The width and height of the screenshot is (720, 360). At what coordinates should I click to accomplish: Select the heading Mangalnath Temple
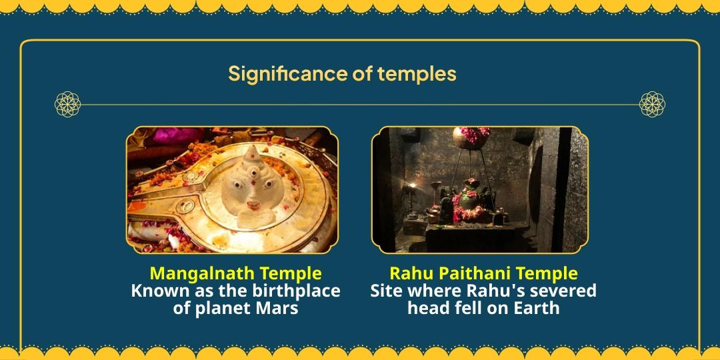tap(235, 273)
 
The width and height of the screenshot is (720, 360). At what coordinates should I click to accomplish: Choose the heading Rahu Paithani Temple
tap(483, 273)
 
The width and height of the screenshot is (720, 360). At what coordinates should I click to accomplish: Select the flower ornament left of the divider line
tap(67, 105)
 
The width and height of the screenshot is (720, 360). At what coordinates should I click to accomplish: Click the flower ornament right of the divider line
tap(652, 105)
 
